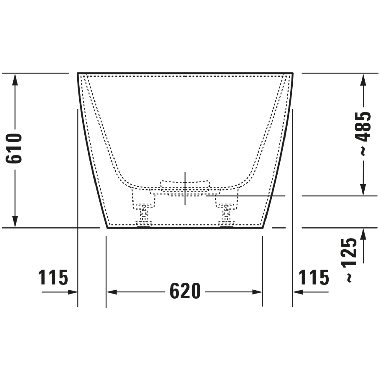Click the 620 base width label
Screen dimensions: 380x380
[x=185, y=291]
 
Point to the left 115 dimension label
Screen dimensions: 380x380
[x=53, y=278]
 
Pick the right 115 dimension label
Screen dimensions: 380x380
[x=314, y=278]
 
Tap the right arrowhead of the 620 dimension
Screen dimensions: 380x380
[x=257, y=292]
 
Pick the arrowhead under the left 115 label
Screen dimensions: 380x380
[x=72, y=292]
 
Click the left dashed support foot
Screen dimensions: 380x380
[x=144, y=210]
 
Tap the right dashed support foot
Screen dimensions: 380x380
[x=226, y=210]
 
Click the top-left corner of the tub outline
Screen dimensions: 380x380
[x=78, y=73]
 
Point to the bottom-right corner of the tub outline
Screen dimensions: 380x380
[x=263, y=227]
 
